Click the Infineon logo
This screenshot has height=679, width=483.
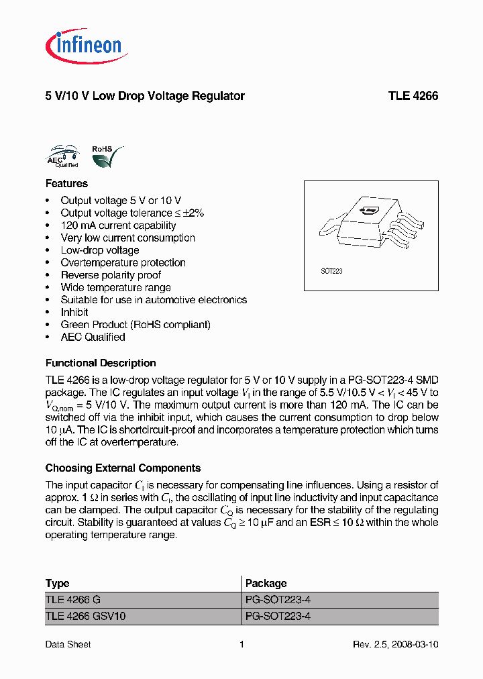pyautogui.click(x=86, y=46)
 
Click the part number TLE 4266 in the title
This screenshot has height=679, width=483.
pyautogui.click(x=413, y=96)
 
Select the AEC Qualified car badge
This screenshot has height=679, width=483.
pyautogui.click(x=63, y=156)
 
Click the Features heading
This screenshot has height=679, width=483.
pyautogui.click(x=66, y=183)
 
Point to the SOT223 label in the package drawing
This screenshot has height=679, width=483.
pyautogui.click(x=331, y=272)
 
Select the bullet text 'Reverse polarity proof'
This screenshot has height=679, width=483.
pyautogui.click(x=111, y=275)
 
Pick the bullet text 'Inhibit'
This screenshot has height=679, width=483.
pyautogui.click(x=74, y=312)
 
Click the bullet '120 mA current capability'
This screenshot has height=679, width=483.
pyautogui.click(x=118, y=225)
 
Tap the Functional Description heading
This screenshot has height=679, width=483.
pyautogui.click(x=101, y=363)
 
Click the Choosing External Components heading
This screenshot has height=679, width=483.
pyautogui.click(x=123, y=468)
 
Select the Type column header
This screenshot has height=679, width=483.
pyautogui.click(x=57, y=583)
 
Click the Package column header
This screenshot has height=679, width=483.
pyautogui.click(x=266, y=583)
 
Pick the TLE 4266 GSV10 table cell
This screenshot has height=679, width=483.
pyautogui.click(x=85, y=616)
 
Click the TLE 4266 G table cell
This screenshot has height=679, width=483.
pyautogui.click(x=73, y=600)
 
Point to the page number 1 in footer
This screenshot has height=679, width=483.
pyautogui.click(x=241, y=644)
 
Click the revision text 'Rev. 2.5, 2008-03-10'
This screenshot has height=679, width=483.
pyautogui.click(x=396, y=644)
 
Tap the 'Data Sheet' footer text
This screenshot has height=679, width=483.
pyautogui.click(x=68, y=644)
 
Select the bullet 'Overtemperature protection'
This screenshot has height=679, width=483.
pyautogui.click(x=123, y=262)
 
